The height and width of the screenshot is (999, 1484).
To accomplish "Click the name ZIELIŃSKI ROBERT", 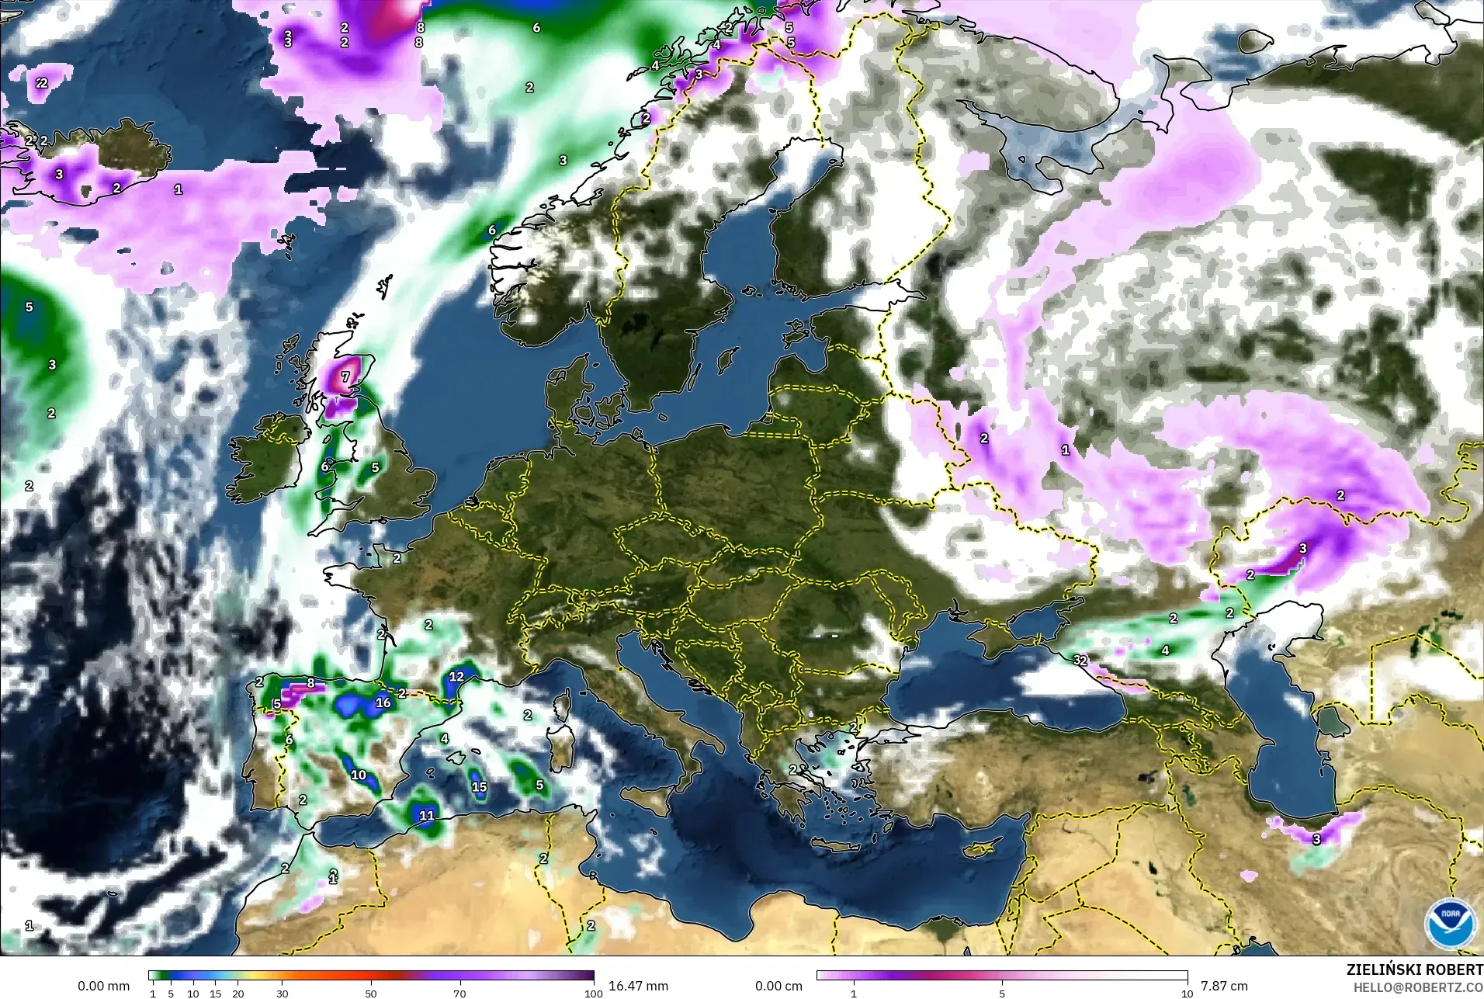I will (x=1414, y=970).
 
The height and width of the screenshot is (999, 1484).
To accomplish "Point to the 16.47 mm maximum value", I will (x=638, y=986).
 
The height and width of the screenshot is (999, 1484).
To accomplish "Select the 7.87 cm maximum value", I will (x=1224, y=986).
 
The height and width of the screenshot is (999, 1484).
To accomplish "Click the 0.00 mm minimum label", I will (x=103, y=986).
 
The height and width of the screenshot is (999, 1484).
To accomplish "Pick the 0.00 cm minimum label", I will (x=778, y=986).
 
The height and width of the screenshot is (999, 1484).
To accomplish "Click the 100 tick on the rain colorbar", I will (x=593, y=993).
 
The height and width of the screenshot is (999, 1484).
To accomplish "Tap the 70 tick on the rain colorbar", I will (x=459, y=993).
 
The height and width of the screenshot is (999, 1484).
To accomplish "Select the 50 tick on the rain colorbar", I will (x=371, y=993).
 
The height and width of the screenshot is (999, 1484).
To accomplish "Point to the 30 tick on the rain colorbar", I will (x=283, y=993).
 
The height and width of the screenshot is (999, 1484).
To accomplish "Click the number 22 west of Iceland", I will (x=41, y=83).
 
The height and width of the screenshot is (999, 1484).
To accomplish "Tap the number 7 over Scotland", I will (x=346, y=376).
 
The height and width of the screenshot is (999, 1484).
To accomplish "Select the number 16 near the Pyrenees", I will (x=383, y=703).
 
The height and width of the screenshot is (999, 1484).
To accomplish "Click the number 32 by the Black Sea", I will (x=1080, y=661).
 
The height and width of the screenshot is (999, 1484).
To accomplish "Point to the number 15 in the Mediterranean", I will (x=480, y=787).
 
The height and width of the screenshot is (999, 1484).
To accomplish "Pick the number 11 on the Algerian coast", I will (x=427, y=816).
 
